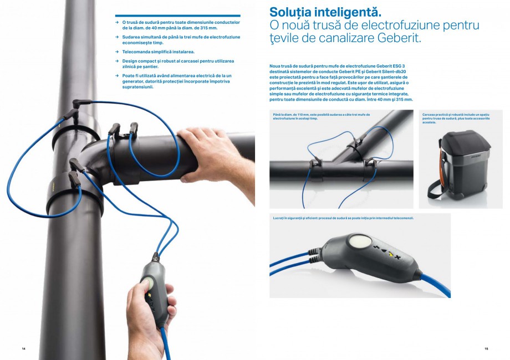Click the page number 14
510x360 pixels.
tap(24, 348)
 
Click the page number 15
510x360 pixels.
tap(486, 348)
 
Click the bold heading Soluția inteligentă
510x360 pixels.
tap(325, 12)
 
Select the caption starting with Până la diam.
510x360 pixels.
tap(321, 116)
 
